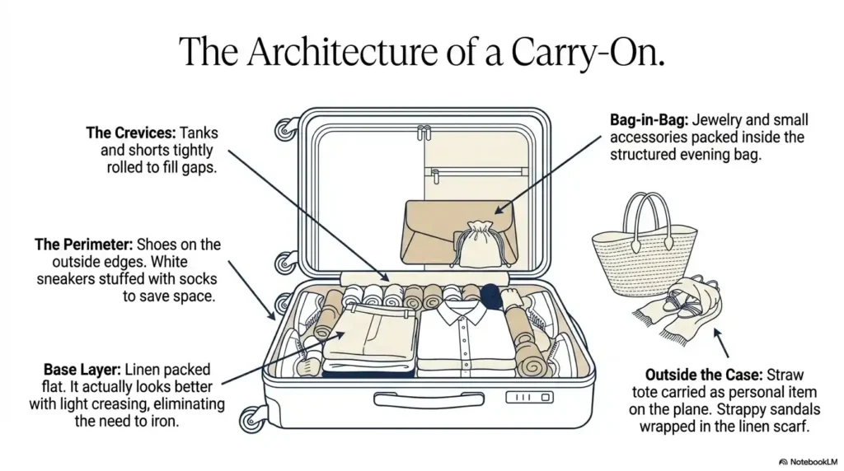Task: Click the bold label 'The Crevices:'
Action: (x=131, y=133)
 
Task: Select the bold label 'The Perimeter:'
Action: (x=83, y=245)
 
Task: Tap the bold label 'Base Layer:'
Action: (x=82, y=370)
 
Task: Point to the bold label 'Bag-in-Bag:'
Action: (x=649, y=120)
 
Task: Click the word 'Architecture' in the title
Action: (x=345, y=52)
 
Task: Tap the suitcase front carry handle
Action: (x=429, y=400)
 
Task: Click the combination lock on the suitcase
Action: (x=529, y=398)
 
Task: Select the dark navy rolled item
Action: (x=490, y=296)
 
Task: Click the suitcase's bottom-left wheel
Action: (x=252, y=419)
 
